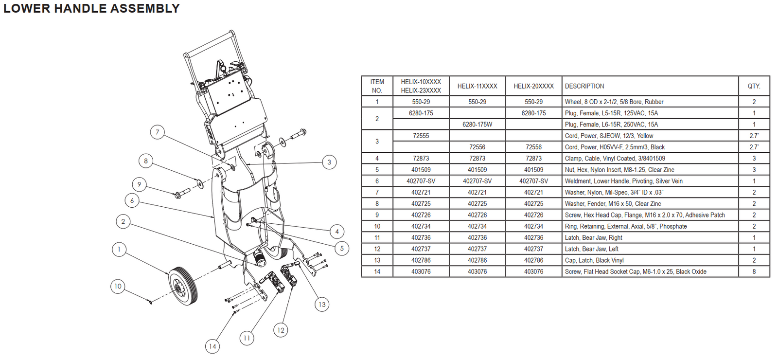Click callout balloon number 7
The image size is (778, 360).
(x=157, y=132)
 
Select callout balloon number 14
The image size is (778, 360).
(x=212, y=346)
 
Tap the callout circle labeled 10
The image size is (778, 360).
(x=118, y=286)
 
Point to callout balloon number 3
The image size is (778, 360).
(x=329, y=162)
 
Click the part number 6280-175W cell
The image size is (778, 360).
(x=477, y=125)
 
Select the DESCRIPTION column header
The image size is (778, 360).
(x=584, y=86)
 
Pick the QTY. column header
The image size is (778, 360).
(x=754, y=86)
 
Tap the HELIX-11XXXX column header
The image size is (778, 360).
(x=477, y=86)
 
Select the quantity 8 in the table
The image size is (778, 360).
(x=754, y=271)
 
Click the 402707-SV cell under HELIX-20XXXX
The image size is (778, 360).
(x=533, y=181)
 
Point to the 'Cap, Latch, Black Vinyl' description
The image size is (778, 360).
(x=594, y=260)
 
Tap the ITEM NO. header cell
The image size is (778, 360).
(x=377, y=86)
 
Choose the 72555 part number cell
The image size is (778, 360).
(x=421, y=136)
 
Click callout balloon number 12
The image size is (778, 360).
(x=281, y=330)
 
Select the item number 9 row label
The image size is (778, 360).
(x=377, y=215)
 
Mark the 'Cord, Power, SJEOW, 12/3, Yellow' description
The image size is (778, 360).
(x=609, y=136)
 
